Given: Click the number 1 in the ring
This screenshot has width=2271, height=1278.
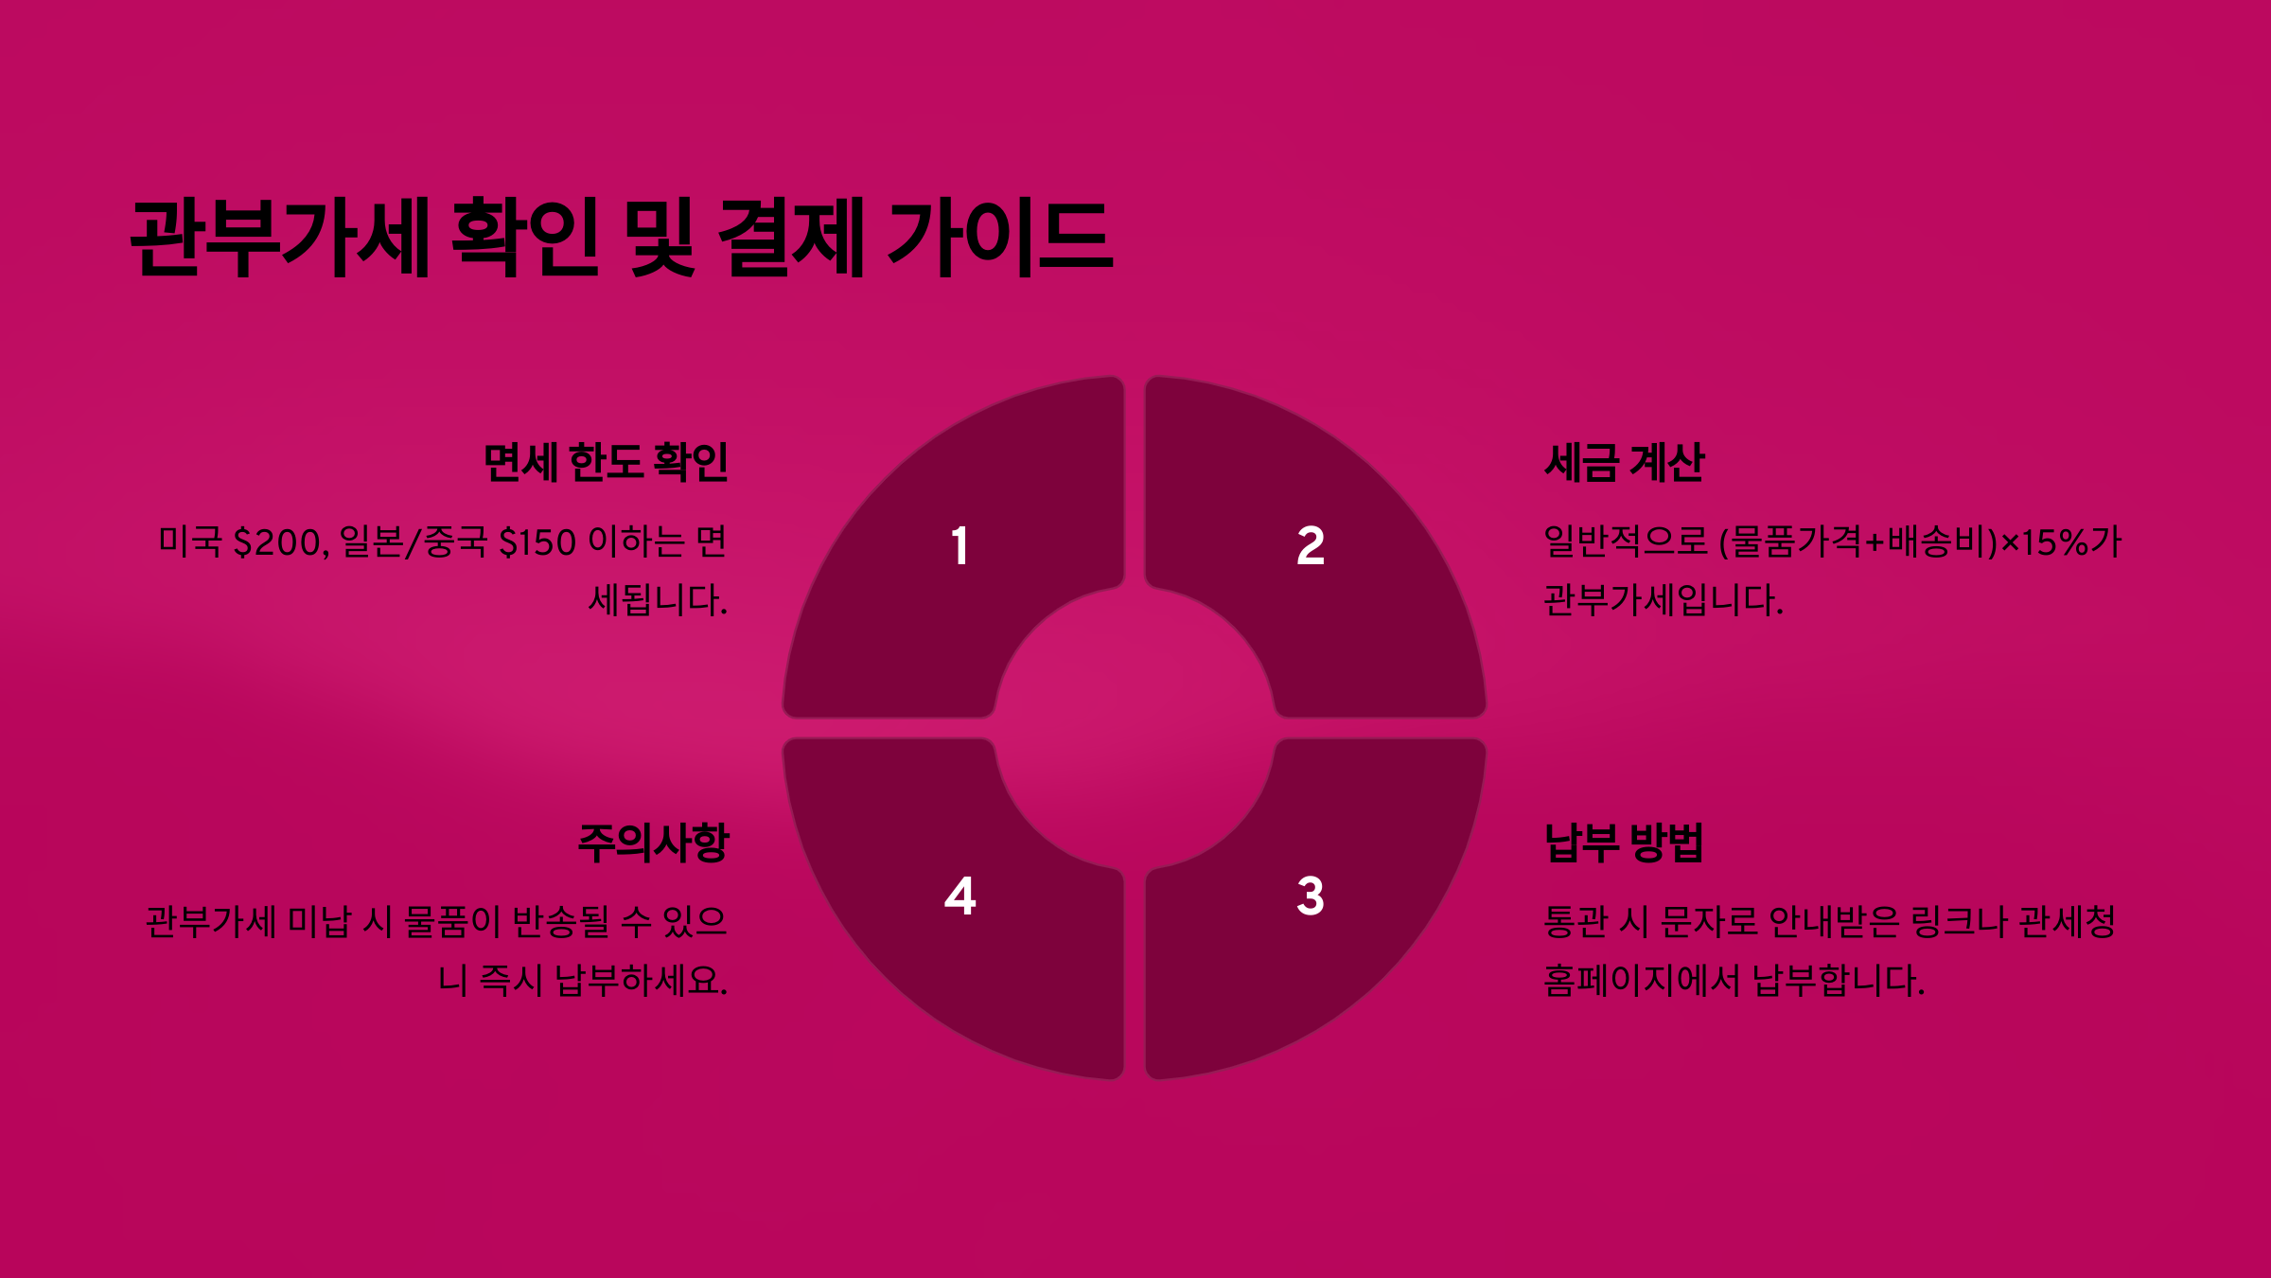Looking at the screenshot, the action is point(959,546).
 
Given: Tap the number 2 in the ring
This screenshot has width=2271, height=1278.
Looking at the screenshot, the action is point(1310,546).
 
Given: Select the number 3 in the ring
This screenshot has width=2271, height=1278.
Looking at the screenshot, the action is point(1310,896).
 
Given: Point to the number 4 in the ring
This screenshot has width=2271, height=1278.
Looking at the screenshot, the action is point(959,896).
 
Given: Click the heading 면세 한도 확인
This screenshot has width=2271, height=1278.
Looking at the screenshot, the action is point(606,463).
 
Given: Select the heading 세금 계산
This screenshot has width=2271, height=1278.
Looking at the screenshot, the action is point(1624,463).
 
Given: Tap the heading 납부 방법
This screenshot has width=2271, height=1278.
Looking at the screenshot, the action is point(1624,843).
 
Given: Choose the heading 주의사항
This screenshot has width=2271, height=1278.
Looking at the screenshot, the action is point(653,843).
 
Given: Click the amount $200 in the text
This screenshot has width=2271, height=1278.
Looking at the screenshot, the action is point(278,542).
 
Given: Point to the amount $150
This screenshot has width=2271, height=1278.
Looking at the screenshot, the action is point(537,542).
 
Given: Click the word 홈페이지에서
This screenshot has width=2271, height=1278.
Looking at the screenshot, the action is point(1642,981).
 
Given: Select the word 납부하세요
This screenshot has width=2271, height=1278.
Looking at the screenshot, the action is point(642,981).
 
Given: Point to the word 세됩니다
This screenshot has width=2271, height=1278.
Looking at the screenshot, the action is point(658,600).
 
